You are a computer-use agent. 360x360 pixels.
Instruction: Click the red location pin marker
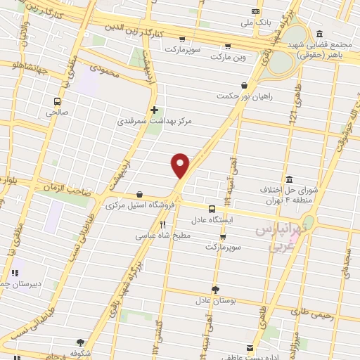181,165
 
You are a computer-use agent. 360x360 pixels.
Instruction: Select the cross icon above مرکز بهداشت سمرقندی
154,110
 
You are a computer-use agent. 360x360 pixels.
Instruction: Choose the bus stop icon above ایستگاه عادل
212,208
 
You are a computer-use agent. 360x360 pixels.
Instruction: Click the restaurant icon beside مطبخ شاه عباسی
163,224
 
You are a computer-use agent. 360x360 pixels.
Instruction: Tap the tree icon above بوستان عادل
214,288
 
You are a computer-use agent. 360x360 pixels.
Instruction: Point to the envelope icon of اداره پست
250,347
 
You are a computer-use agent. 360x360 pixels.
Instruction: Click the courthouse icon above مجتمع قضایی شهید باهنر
320,33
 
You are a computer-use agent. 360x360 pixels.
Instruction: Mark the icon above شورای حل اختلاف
290,179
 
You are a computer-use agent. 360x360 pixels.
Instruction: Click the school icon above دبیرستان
14,273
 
